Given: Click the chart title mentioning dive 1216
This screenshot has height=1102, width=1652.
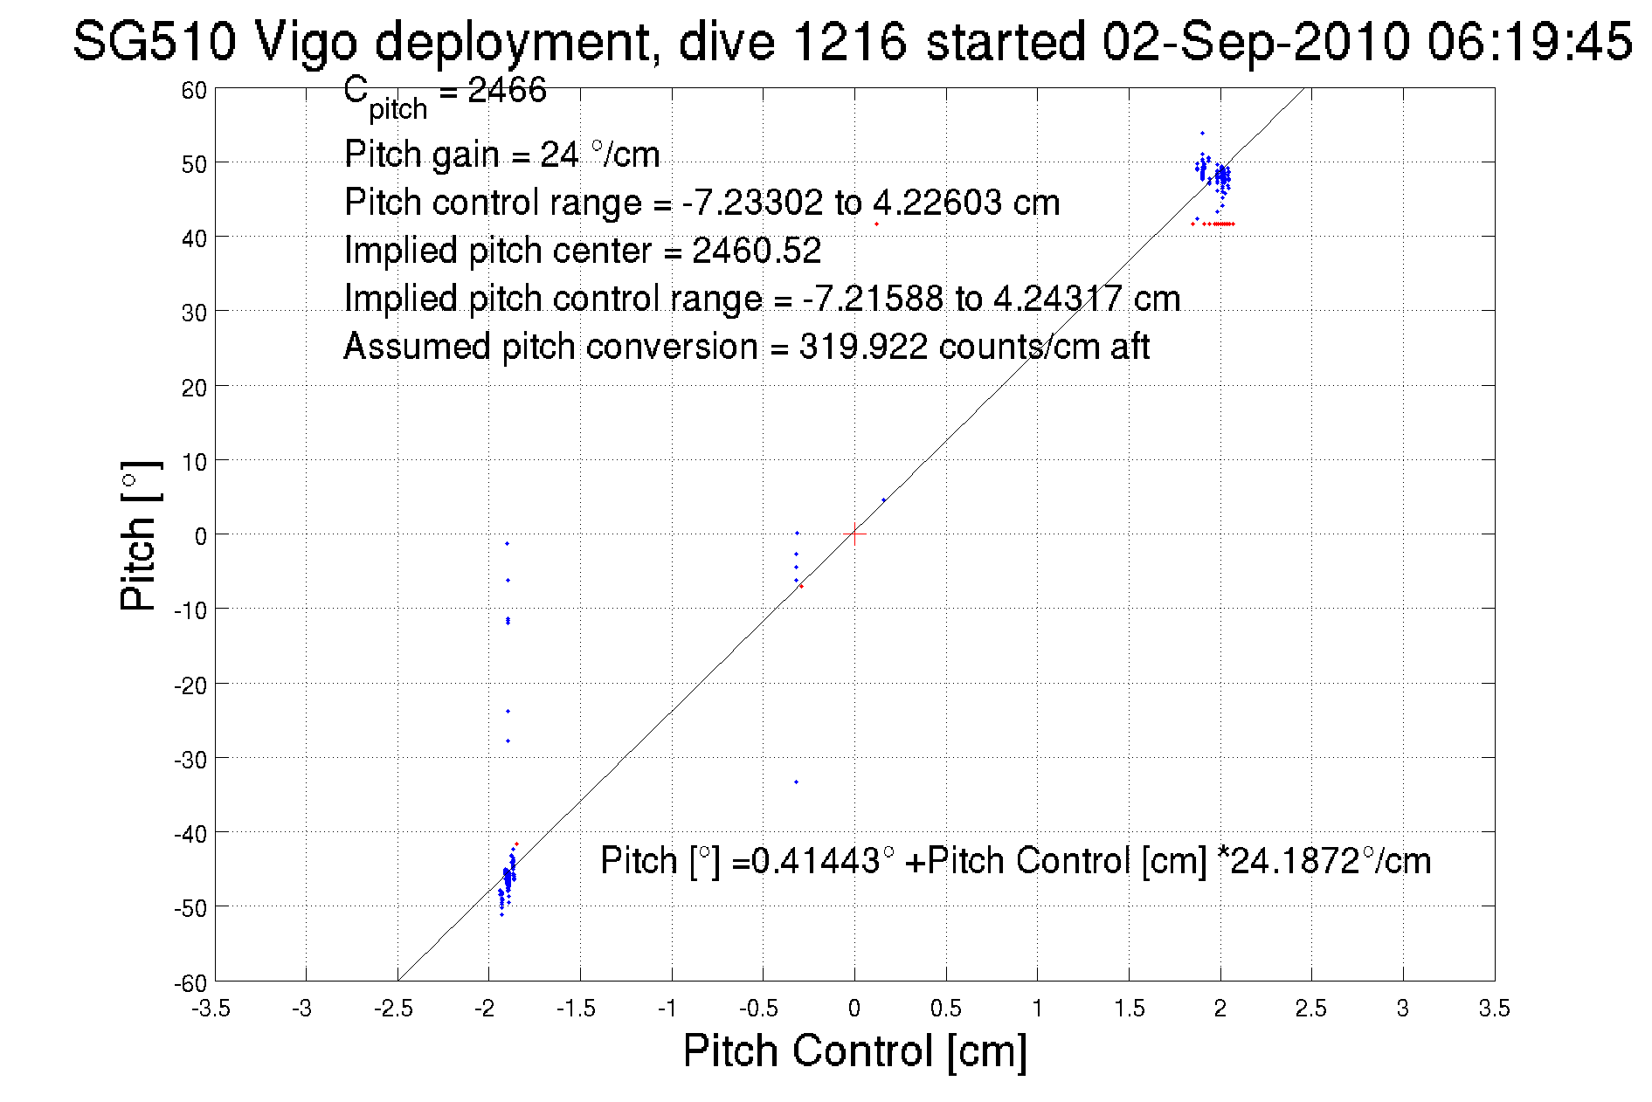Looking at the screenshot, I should (852, 41).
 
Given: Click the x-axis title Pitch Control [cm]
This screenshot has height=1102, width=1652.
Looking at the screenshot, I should (854, 1050).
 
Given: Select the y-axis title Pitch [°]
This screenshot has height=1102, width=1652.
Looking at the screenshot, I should (140, 535).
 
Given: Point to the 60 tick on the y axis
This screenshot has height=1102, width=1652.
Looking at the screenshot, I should (194, 90).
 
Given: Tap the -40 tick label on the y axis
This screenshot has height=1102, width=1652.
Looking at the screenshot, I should (190, 834).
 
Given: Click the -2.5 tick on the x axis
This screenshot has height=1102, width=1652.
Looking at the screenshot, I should (393, 1009).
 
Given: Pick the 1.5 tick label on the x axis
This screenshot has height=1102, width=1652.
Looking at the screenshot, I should (1129, 1009).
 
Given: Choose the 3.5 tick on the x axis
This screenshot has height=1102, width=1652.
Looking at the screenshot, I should (1494, 1009).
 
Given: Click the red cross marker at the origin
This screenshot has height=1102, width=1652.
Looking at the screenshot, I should (854, 534).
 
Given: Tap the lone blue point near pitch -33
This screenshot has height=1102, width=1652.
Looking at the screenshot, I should (796, 782).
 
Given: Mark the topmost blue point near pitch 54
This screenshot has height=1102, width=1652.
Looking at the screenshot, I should (1202, 134).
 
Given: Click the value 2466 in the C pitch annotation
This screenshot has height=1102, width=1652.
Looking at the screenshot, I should (507, 90).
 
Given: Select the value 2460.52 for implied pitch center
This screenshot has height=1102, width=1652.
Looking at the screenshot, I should (757, 251).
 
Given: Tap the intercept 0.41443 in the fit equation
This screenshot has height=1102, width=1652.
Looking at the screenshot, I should (815, 861).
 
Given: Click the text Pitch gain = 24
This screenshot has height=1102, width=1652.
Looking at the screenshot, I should (460, 155).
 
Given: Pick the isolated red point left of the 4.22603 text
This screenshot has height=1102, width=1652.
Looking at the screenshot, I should (876, 224).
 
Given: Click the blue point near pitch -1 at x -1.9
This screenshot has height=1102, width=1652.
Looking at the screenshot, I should (507, 544).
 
